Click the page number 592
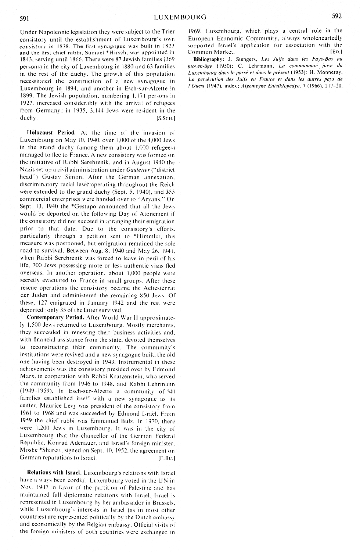point(336,16)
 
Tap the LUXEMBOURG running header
point(180,17)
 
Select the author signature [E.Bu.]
point(166,458)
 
